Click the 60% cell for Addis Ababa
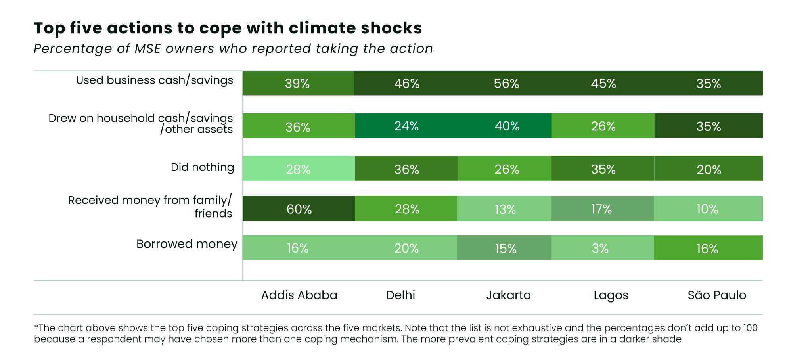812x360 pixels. pos(299,209)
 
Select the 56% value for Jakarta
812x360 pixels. pos(506,84)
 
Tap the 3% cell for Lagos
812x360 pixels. pos(600,248)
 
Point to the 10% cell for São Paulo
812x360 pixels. pos(707,209)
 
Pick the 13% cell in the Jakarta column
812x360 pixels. pos(505,209)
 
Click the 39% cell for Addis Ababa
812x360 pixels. pos(297,84)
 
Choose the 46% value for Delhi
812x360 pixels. pos(406,84)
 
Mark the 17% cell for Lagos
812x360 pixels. pos(601,209)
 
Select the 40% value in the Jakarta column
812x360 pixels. pos(507,126)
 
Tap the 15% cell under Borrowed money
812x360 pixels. pos(506,249)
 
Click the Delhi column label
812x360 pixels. pos(400,295)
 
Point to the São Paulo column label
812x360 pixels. pos(717,295)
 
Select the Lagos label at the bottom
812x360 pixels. pos(611,295)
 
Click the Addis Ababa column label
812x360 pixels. pos(299,295)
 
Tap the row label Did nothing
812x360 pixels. pos(202,167)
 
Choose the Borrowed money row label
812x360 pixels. pos(187,244)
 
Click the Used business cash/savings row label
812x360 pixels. pos(155,80)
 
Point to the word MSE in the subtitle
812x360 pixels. pos(147,48)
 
